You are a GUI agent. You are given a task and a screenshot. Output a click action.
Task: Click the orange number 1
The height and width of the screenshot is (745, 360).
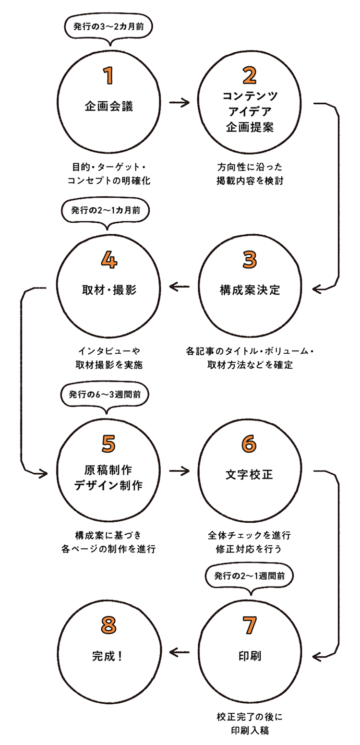coord(109,76)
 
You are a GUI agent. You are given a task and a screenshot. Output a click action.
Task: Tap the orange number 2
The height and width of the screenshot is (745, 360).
coord(250,75)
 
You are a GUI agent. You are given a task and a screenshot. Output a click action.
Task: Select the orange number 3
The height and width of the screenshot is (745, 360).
coord(250,260)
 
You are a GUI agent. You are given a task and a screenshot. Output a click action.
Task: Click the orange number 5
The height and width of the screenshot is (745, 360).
coord(109,444)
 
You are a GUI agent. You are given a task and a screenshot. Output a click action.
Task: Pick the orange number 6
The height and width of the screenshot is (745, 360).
coord(250,444)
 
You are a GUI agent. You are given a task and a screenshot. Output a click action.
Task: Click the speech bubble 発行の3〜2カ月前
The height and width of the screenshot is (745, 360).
coord(108,27)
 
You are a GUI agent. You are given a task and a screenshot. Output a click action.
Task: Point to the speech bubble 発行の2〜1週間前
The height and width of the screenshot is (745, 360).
coord(250,576)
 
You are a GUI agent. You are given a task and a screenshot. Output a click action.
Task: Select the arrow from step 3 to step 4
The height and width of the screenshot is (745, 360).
coord(179,288)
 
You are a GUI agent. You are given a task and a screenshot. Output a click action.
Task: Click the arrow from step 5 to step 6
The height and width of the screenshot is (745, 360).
coord(179,471)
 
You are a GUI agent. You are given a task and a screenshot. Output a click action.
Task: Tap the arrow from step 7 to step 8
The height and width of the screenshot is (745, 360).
coord(179,652)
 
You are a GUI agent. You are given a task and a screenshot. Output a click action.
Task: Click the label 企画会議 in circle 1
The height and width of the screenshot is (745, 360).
coord(109,106)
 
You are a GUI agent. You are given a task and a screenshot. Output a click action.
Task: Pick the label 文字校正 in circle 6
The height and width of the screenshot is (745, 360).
coord(250,475)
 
